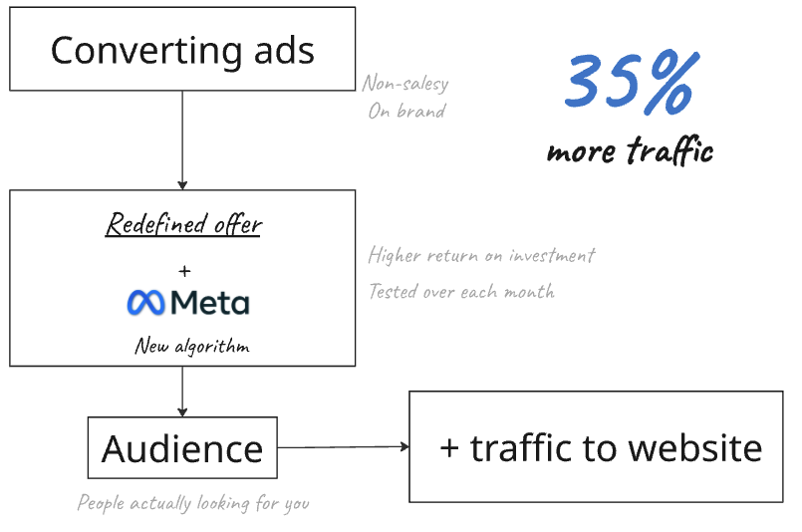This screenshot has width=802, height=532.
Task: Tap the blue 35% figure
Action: pyautogui.click(x=628, y=83)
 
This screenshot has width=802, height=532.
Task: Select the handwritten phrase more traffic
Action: pyautogui.click(x=630, y=150)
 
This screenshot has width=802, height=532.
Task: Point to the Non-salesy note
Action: pyautogui.click(x=404, y=84)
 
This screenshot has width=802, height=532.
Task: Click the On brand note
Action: pyautogui.click(x=406, y=111)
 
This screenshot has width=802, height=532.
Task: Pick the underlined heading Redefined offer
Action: pyautogui.click(x=183, y=224)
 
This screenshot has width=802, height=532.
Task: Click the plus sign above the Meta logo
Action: pyautogui.click(x=184, y=270)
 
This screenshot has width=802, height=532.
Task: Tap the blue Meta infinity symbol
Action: pyautogui.click(x=146, y=302)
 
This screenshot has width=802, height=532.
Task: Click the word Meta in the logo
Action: pyautogui.click(x=210, y=302)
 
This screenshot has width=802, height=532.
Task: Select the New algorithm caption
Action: pyautogui.click(x=192, y=347)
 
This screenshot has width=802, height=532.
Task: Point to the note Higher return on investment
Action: pyautogui.click(x=481, y=255)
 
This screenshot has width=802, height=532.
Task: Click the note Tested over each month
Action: pyautogui.click(x=461, y=291)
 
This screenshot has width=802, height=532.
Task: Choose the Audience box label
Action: pyautogui.click(x=182, y=449)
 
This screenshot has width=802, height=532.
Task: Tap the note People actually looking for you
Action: pyautogui.click(x=193, y=503)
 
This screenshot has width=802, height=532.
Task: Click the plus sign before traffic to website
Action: pyautogui.click(x=449, y=448)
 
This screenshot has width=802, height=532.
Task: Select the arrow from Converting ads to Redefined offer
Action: pyautogui.click(x=182, y=139)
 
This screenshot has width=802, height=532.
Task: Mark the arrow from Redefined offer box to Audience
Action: pyautogui.click(x=182, y=391)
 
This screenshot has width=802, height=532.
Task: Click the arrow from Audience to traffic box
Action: pyautogui.click(x=343, y=448)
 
